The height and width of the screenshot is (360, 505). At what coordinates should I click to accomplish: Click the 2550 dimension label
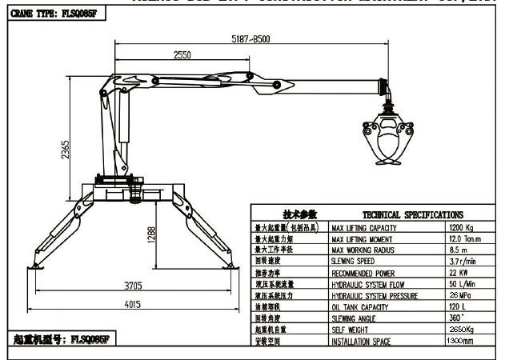pyautogui.click(x=181, y=56)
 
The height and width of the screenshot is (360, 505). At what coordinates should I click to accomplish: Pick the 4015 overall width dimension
pyautogui.click(x=132, y=303)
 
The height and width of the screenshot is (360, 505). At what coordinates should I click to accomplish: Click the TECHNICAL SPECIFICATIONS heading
pyautogui.click(x=412, y=215)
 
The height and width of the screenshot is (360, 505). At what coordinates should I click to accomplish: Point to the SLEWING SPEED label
pyautogui.click(x=356, y=262)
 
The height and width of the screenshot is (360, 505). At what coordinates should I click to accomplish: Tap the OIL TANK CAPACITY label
pyautogui.click(x=364, y=307)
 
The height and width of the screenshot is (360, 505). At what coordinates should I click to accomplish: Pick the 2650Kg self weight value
pyautogui.click(x=463, y=330)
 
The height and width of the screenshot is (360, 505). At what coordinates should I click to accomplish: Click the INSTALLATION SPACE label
pyautogui.click(x=366, y=342)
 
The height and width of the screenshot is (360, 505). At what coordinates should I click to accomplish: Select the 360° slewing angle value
pyautogui.click(x=457, y=318)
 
